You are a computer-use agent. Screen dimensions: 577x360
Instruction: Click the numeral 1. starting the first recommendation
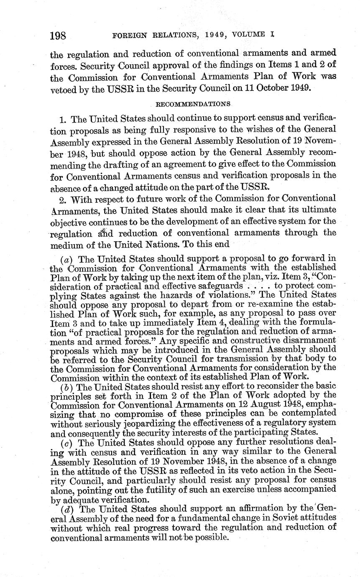point(64,120)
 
